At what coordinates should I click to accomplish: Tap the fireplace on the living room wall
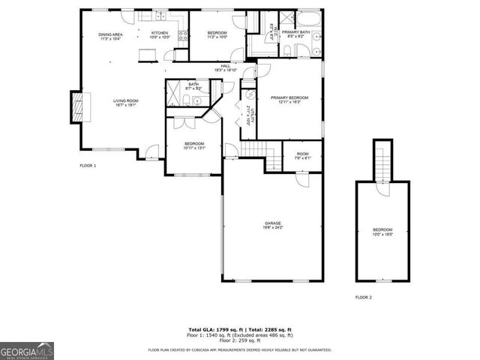click(78, 106)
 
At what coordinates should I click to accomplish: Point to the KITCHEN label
click(160, 33)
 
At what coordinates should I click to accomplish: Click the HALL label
click(225, 66)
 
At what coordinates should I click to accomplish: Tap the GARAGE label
click(272, 223)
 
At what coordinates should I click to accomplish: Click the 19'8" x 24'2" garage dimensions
click(272, 228)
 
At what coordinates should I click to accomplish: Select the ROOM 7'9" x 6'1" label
click(301, 155)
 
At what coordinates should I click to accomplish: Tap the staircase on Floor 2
click(383, 165)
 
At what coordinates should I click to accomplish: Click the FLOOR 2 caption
click(364, 297)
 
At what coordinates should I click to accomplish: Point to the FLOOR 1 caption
click(88, 165)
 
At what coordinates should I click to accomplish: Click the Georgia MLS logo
click(27, 350)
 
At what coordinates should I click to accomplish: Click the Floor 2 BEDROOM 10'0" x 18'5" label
click(382, 232)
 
